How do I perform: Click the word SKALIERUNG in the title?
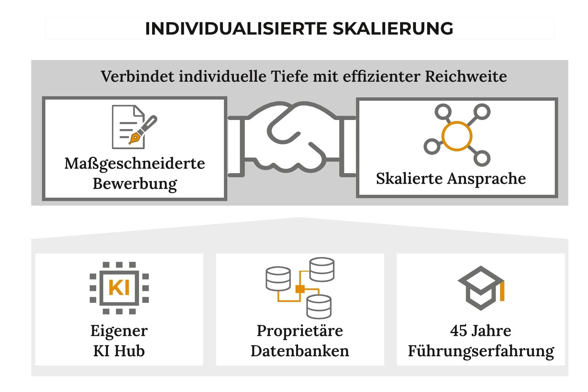393,28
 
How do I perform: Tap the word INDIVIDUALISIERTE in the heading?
236,28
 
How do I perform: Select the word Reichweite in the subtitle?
466,76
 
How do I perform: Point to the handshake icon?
292,137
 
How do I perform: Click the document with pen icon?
134,127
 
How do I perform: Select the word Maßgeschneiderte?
135,164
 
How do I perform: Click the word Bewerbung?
135,184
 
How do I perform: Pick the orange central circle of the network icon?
457,136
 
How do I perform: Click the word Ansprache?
486,179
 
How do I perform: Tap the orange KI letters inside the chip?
119,287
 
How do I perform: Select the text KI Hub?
119,351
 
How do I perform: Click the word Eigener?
119,331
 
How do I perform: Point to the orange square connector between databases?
300,289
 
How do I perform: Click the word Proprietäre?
300,331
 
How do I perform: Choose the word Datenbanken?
300,351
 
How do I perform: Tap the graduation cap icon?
481,288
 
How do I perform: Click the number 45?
458,331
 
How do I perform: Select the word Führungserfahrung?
481,351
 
